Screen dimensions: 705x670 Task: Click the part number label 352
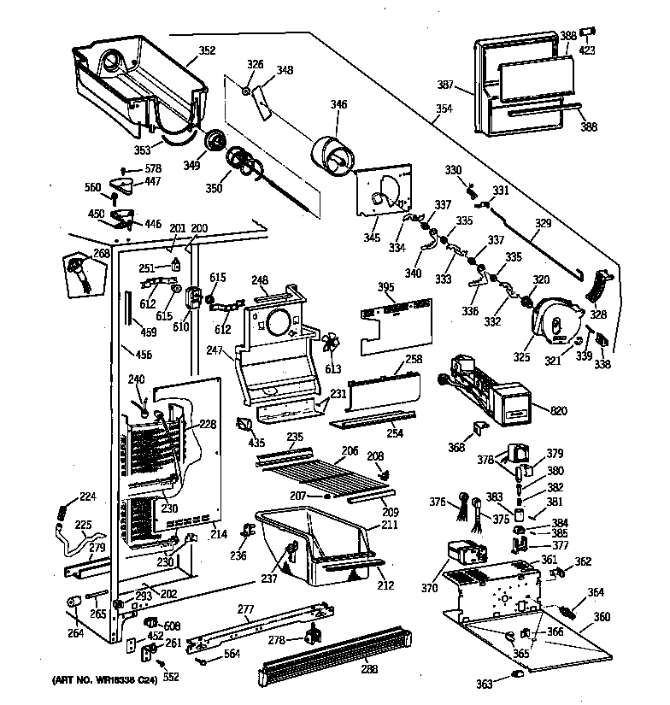[x=208, y=50]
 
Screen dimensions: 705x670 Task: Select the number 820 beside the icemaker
[x=558, y=412]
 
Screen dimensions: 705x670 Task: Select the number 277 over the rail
[x=246, y=609]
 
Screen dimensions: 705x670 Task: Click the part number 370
[x=429, y=587]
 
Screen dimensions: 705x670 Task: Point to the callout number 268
[x=102, y=253]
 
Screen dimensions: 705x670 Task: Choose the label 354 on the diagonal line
[x=444, y=109]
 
